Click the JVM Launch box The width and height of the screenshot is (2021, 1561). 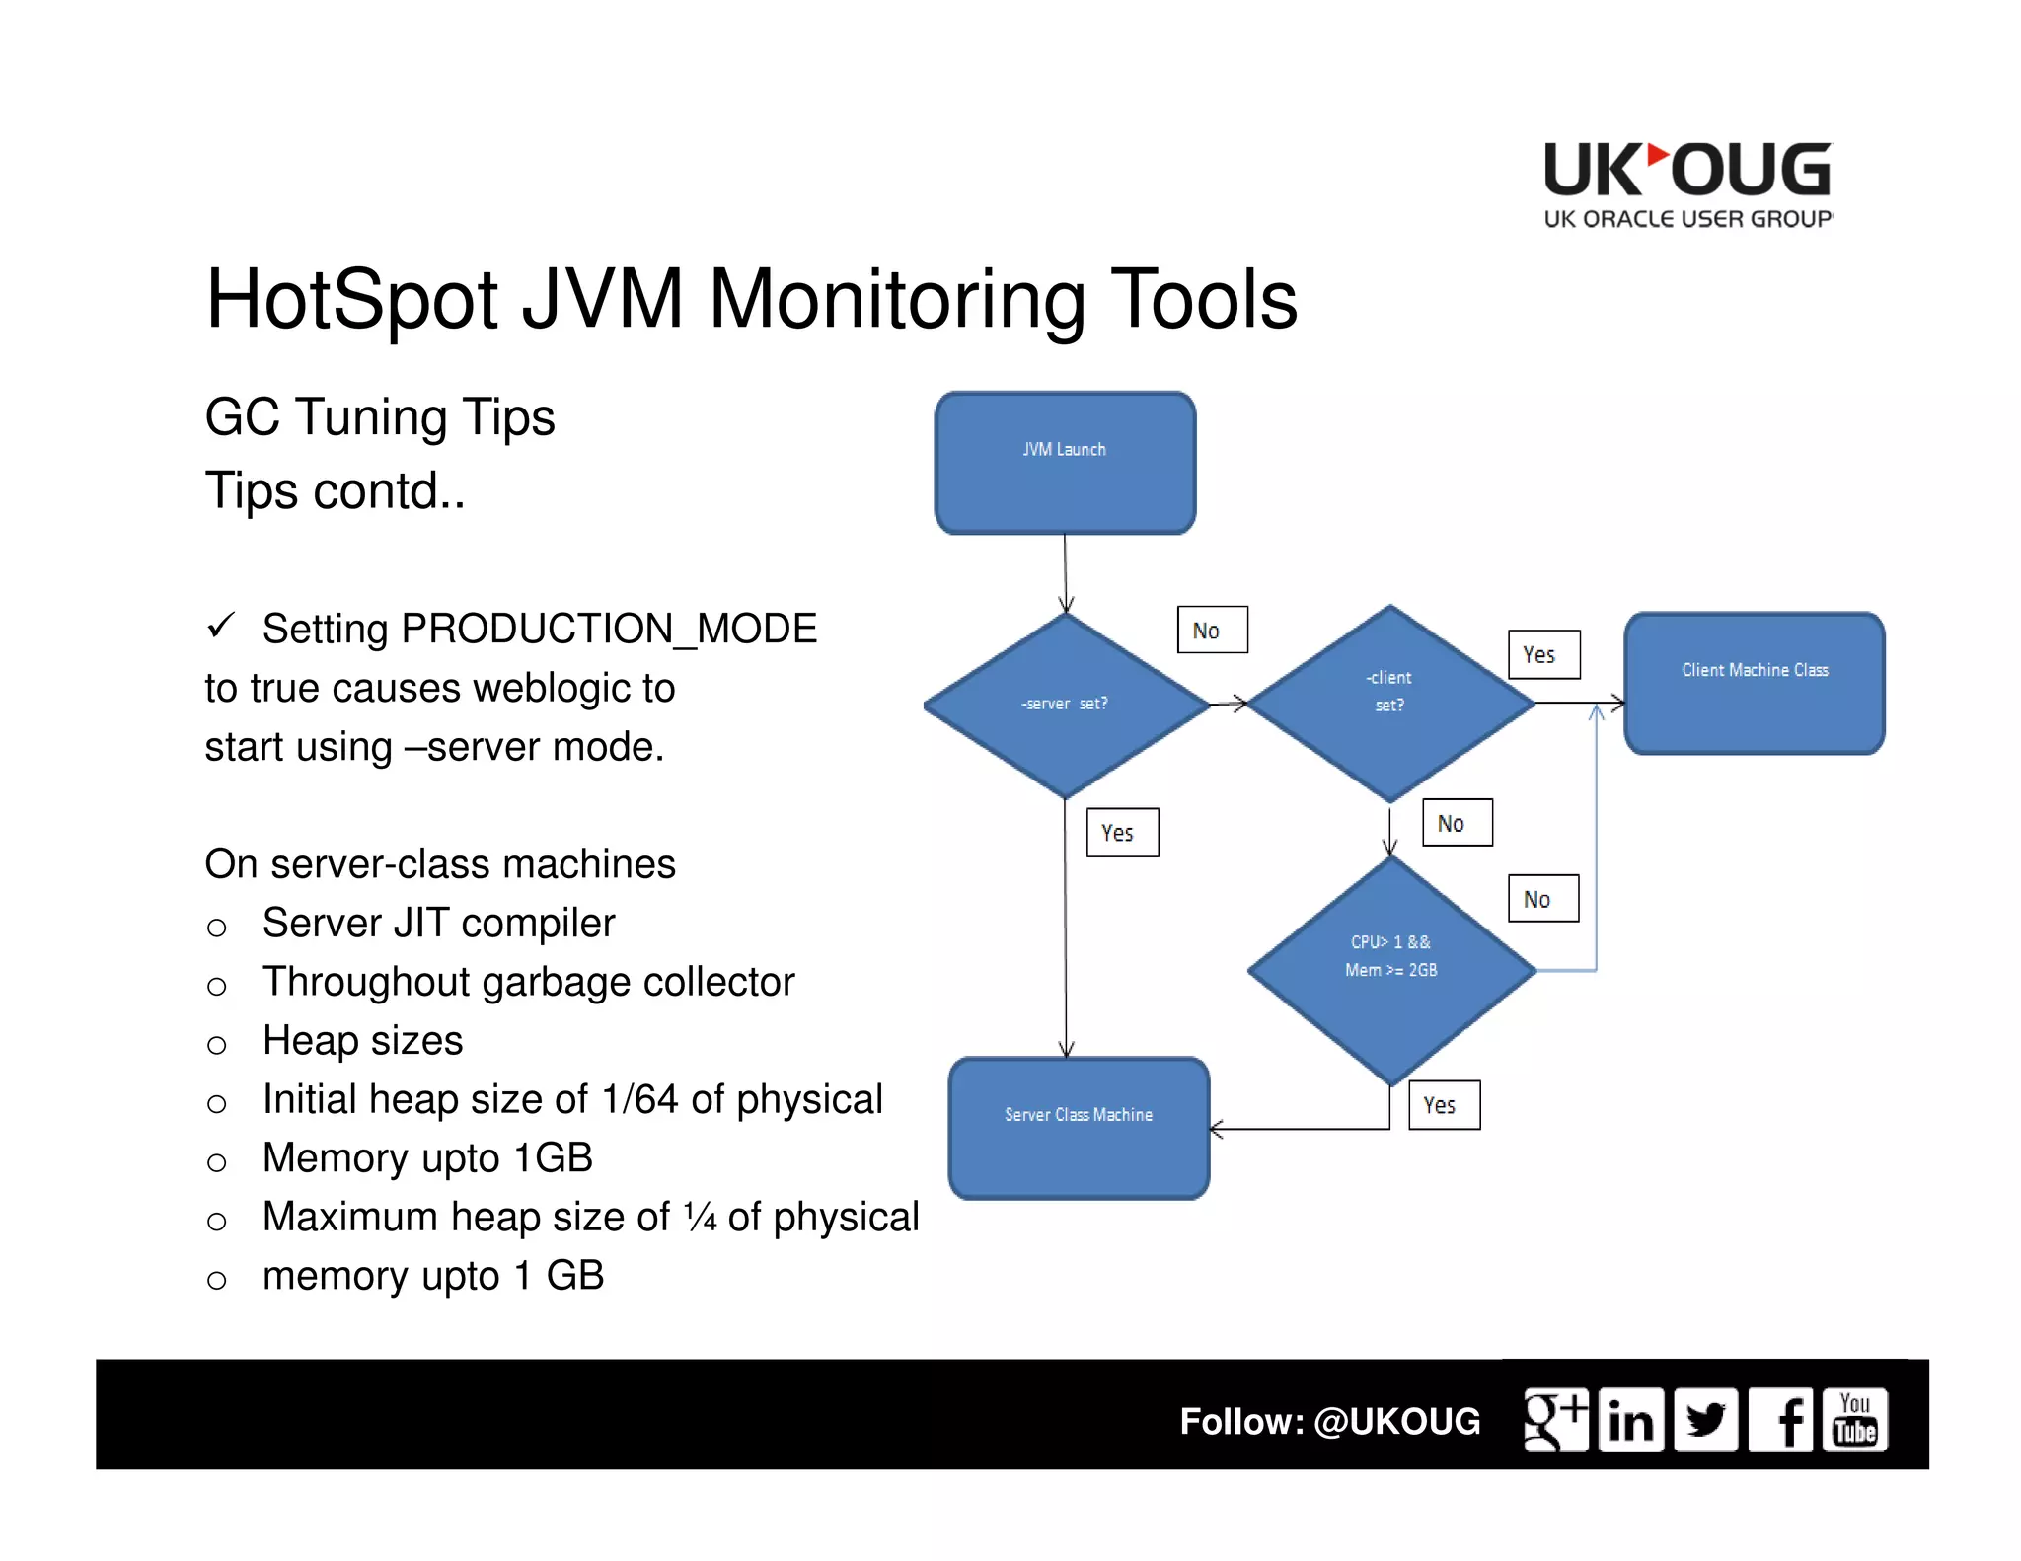pos(1065,463)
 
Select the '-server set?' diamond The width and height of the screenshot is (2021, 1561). pos(1066,705)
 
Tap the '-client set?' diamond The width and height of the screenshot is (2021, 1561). pos(1390,703)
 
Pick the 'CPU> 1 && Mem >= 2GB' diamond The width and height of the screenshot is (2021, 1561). pos(1391,970)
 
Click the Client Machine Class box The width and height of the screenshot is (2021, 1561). pos(1754,683)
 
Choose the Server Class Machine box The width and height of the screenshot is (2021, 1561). pos(1079,1127)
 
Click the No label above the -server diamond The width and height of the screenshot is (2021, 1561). pos(1212,630)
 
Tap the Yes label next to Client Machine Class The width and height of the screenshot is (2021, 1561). pos(1543,654)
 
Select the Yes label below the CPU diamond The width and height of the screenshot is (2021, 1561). pos(1444,1105)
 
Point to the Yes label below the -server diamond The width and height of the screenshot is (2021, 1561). pos(1122,833)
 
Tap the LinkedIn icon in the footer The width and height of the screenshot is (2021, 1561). pos(1630,1420)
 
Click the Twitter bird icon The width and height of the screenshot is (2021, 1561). pos(1705,1420)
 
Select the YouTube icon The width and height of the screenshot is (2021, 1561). pos(1855,1420)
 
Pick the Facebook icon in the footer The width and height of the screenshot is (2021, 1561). pos(1781,1420)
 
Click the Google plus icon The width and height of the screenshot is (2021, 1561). pos(1555,1420)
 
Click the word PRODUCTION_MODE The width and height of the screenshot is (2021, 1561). pos(609,629)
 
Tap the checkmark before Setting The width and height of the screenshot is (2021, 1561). pos(221,625)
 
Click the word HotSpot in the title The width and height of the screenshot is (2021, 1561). pos(351,299)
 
